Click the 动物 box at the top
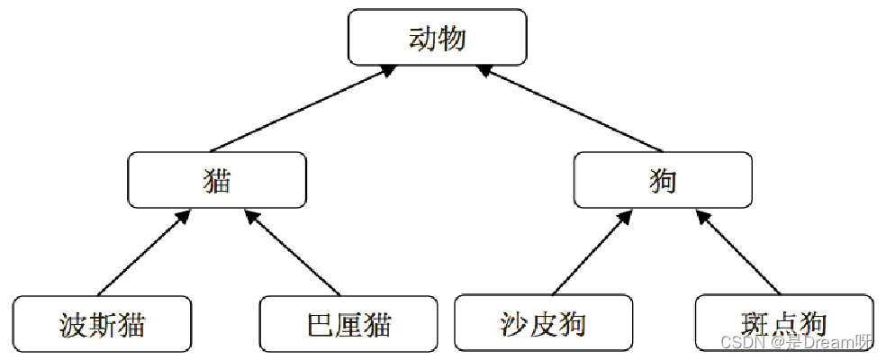pyautogui.click(x=438, y=38)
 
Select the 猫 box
pyautogui.click(x=217, y=179)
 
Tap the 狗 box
pyautogui.click(x=662, y=179)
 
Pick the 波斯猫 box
pyautogui.click(x=103, y=323)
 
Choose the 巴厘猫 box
pyautogui.click(x=348, y=323)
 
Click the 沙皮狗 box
pyautogui.click(x=543, y=323)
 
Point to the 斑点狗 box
pyautogui.click(x=783, y=322)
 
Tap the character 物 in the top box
pyautogui.click(x=453, y=38)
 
